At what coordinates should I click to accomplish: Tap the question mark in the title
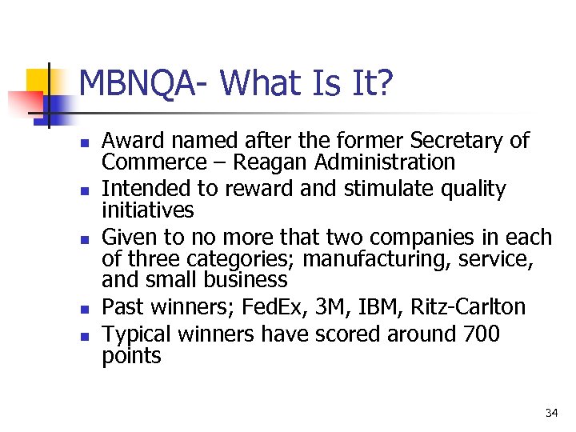[x=385, y=83]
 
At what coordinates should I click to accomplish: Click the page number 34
[x=551, y=413]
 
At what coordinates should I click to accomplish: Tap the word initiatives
[x=147, y=210]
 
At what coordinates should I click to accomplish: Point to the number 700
[x=482, y=334]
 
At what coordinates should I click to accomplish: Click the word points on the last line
[x=131, y=356]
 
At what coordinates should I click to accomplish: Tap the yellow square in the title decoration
[x=38, y=82]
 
